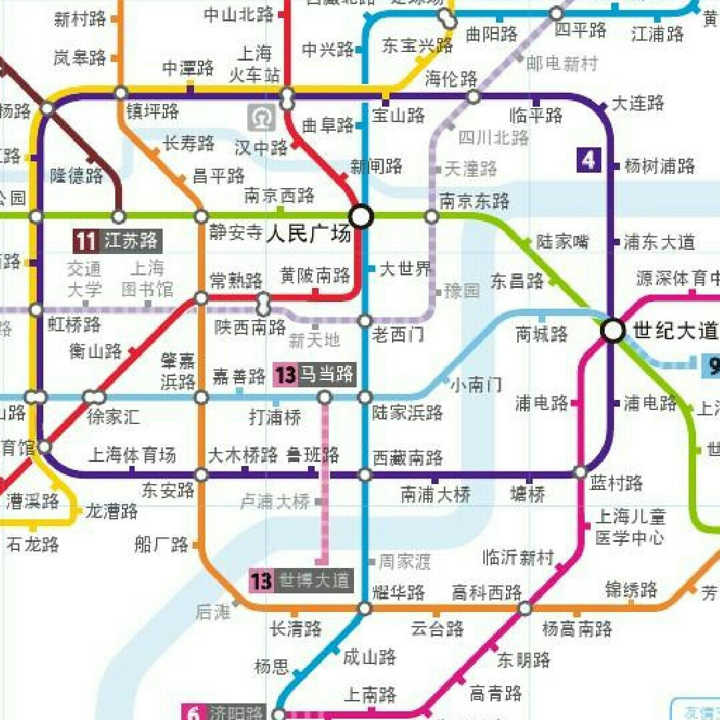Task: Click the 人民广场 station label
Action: click(308, 235)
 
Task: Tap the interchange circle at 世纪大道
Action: click(613, 330)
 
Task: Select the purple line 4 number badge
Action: click(589, 161)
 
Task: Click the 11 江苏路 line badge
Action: click(117, 241)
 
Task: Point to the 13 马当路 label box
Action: click(315, 375)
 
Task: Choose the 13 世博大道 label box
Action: click(301, 581)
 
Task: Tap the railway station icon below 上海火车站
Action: click(261, 118)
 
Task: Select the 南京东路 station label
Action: click(475, 200)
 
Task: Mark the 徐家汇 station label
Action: click(113, 417)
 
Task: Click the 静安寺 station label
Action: click(235, 233)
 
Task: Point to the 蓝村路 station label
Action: click(617, 483)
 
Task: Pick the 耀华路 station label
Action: click(399, 592)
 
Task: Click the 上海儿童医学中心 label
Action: click(630, 527)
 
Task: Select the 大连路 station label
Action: click(638, 103)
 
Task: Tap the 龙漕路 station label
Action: click(111, 511)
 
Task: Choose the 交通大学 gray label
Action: click(85, 279)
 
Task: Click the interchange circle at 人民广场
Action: click(361, 216)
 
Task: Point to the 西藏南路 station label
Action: click(407, 458)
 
